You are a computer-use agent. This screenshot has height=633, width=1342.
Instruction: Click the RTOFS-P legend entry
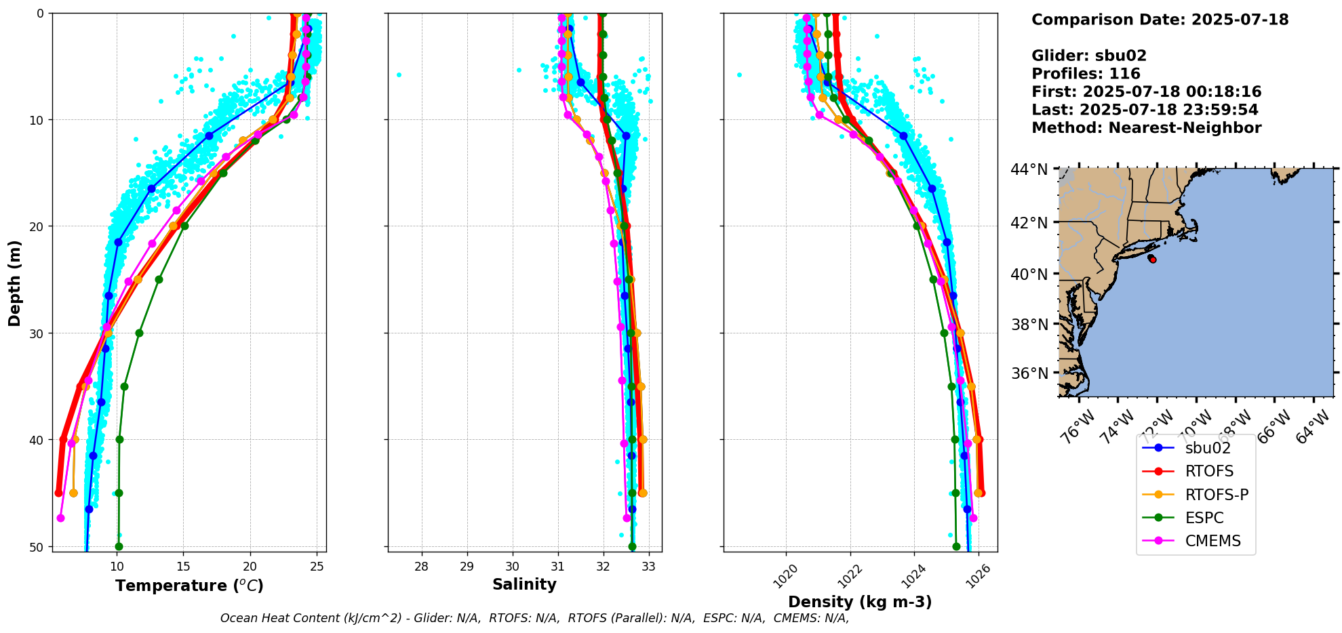click(1217, 495)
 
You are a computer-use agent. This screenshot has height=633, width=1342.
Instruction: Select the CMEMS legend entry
click(1212, 541)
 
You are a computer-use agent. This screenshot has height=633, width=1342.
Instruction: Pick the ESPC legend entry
click(1204, 518)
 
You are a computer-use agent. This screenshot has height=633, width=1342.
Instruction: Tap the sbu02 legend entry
click(1208, 448)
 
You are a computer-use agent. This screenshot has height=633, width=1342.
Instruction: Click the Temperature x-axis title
click(189, 586)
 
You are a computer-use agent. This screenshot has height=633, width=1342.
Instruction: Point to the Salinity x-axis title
click(524, 585)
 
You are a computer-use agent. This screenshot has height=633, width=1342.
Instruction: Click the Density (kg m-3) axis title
click(860, 602)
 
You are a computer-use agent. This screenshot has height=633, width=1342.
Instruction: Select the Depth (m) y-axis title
click(15, 283)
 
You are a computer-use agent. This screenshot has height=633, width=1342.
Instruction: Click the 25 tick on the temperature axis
click(317, 567)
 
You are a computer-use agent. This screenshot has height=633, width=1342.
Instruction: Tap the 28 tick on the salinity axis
click(421, 567)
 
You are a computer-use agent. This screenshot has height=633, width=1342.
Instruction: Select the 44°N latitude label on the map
click(1029, 169)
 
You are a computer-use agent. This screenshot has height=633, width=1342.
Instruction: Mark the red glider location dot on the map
click(1153, 260)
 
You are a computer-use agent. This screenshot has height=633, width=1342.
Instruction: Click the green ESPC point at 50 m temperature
click(119, 546)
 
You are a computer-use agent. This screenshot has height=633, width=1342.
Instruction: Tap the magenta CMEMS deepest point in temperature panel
click(60, 518)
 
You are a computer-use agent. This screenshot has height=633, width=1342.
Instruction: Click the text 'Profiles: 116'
click(1086, 74)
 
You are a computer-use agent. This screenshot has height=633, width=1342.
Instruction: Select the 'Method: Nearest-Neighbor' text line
click(1146, 128)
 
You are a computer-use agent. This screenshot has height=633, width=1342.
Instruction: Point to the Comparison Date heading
click(1160, 20)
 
